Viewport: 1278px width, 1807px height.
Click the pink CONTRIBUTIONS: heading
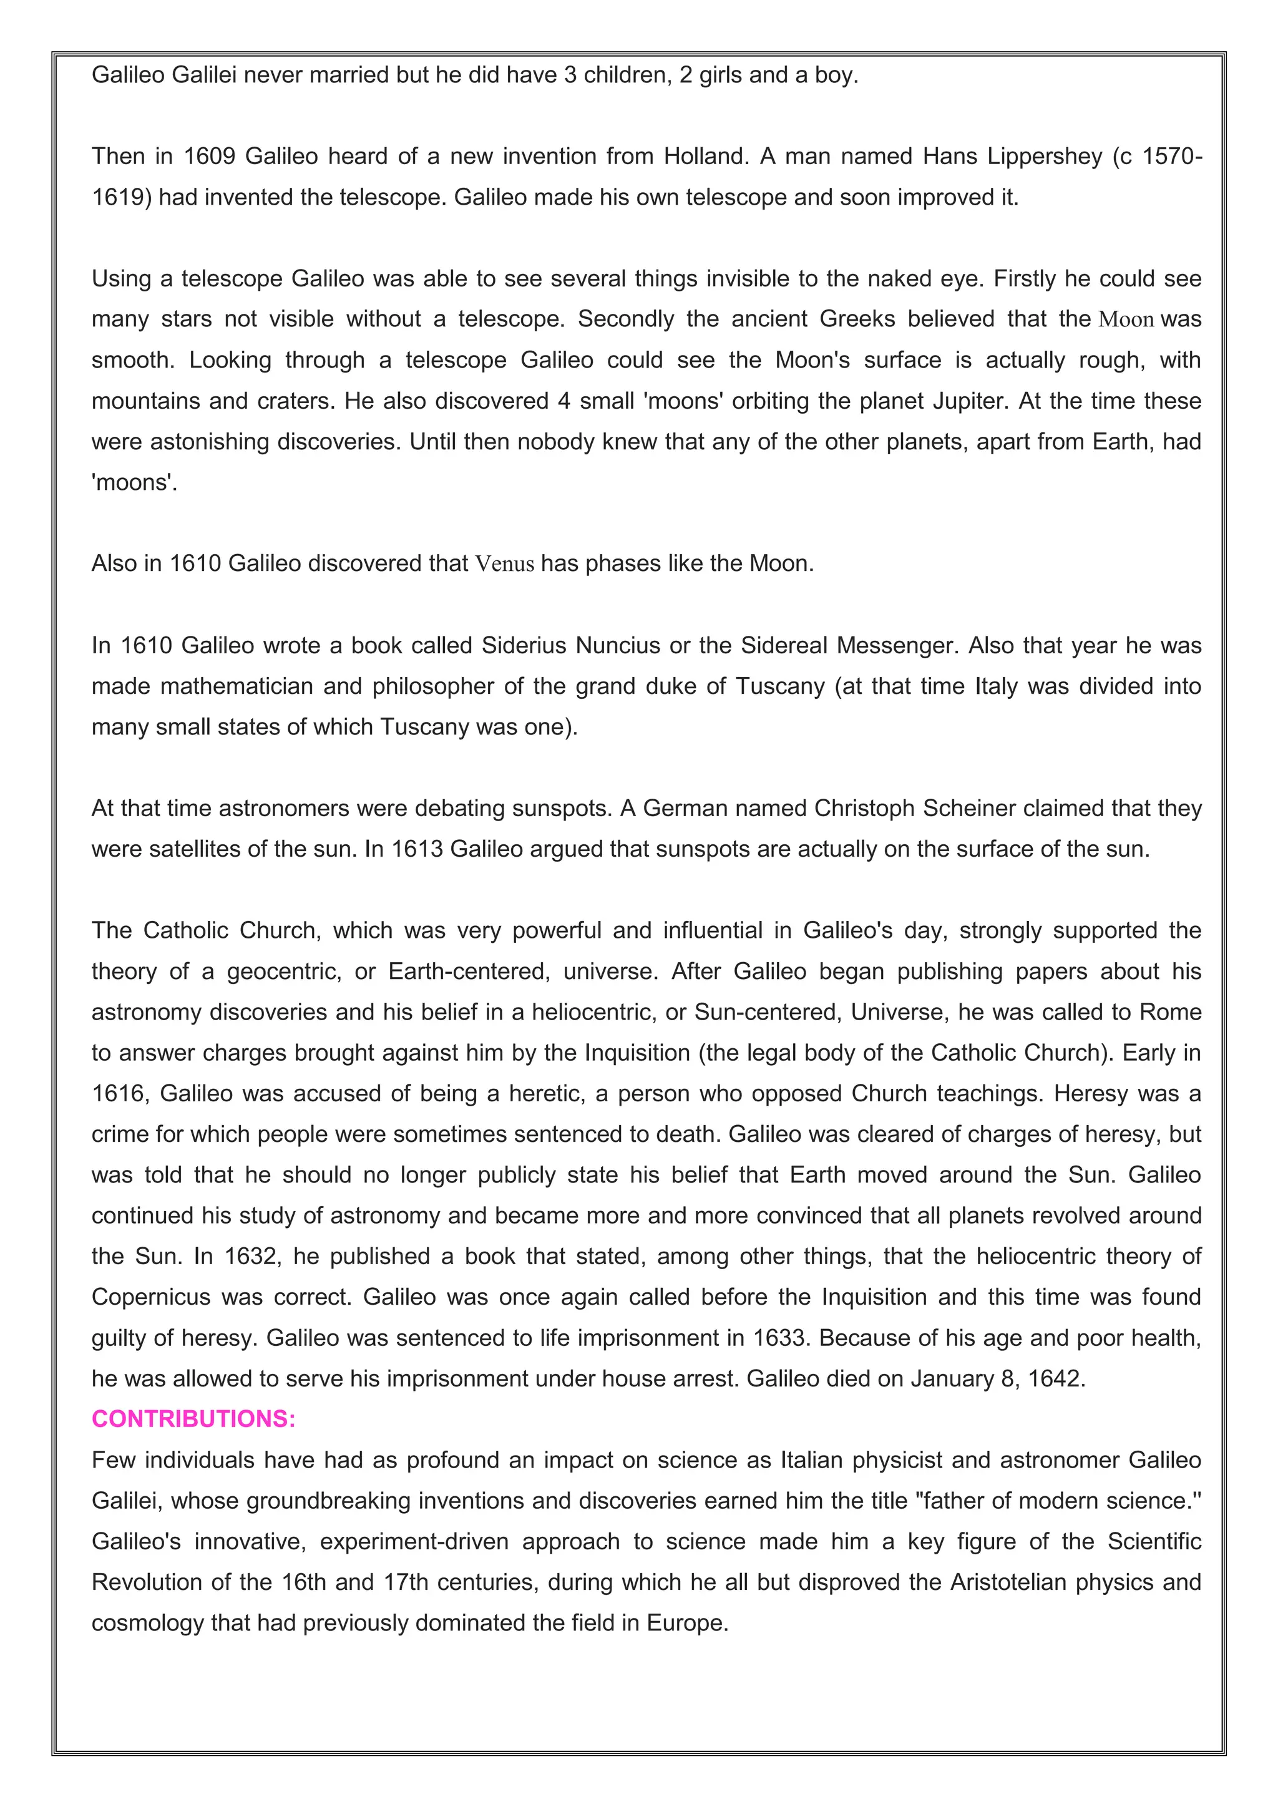pyautogui.click(x=193, y=1418)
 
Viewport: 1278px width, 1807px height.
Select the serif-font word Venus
pyautogui.click(x=504, y=563)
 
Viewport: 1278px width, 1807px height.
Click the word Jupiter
pyautogui.click(x=968, y=401)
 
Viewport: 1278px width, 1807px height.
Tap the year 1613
pyautogui.click(x=417, y=849)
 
